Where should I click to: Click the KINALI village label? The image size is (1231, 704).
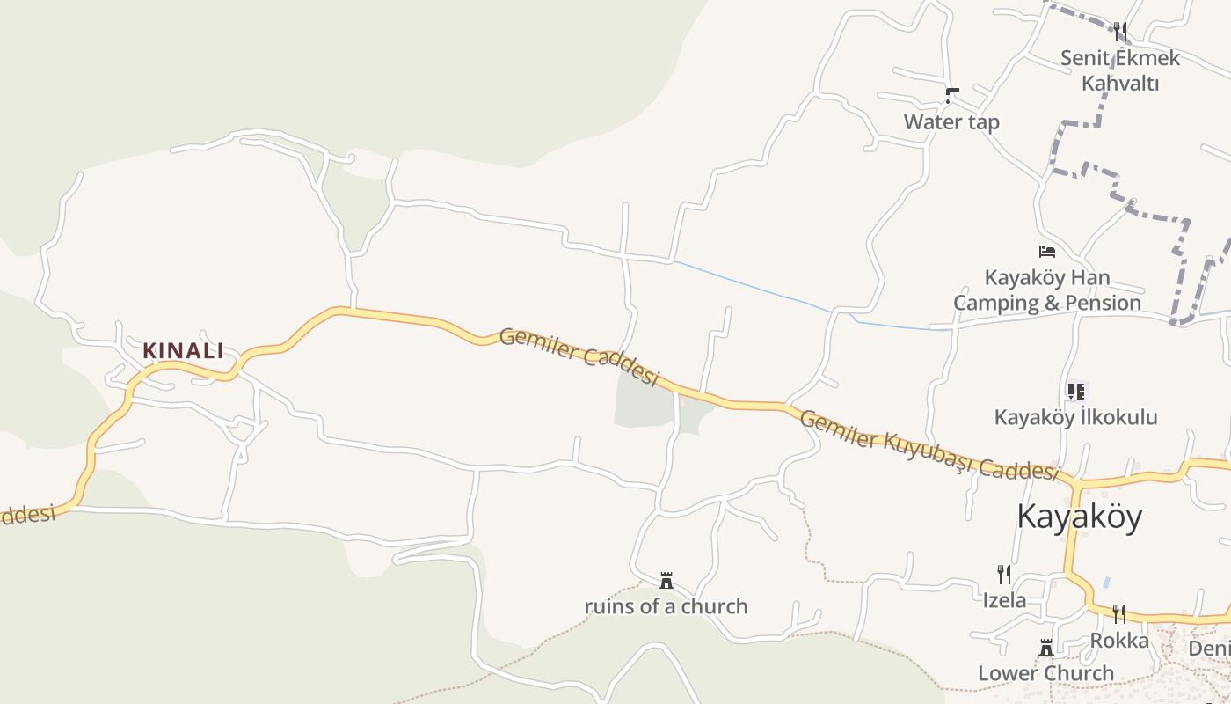(x=184, y=350)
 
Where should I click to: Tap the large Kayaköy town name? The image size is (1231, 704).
(x=1079, y=517)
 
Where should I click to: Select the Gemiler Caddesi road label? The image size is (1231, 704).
(x=579, y=356)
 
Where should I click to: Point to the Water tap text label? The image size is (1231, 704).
(x=951, y=121)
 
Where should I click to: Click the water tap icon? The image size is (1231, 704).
(x=951, y=94)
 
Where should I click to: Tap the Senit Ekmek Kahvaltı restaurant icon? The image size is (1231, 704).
(x=1119, y=32)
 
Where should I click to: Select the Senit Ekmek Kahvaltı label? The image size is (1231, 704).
(x=1119, y=70)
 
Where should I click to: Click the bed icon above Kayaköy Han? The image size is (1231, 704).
(x=1046, y=252)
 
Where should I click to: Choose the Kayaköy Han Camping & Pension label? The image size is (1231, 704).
(x=1047, y=290)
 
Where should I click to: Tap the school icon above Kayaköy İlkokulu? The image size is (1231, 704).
(x=1076, y=391)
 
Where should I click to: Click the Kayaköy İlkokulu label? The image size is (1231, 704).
(x=1075, y=417)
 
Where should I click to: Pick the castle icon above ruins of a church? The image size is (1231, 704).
(x=666, y=581)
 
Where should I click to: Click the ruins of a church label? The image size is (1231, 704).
(x=666, y=606)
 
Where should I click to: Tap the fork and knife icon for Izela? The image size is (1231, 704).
(x=1004, y=575)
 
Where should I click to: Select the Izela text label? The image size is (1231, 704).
(x=1004, y=600)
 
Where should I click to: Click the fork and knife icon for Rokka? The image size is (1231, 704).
(x=1119, y=614)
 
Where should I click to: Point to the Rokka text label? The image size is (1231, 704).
(x=1119, y=640)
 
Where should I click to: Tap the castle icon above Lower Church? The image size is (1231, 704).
(x=1046, y=648)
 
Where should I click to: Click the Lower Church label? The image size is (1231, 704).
(x=1046, y=673)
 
